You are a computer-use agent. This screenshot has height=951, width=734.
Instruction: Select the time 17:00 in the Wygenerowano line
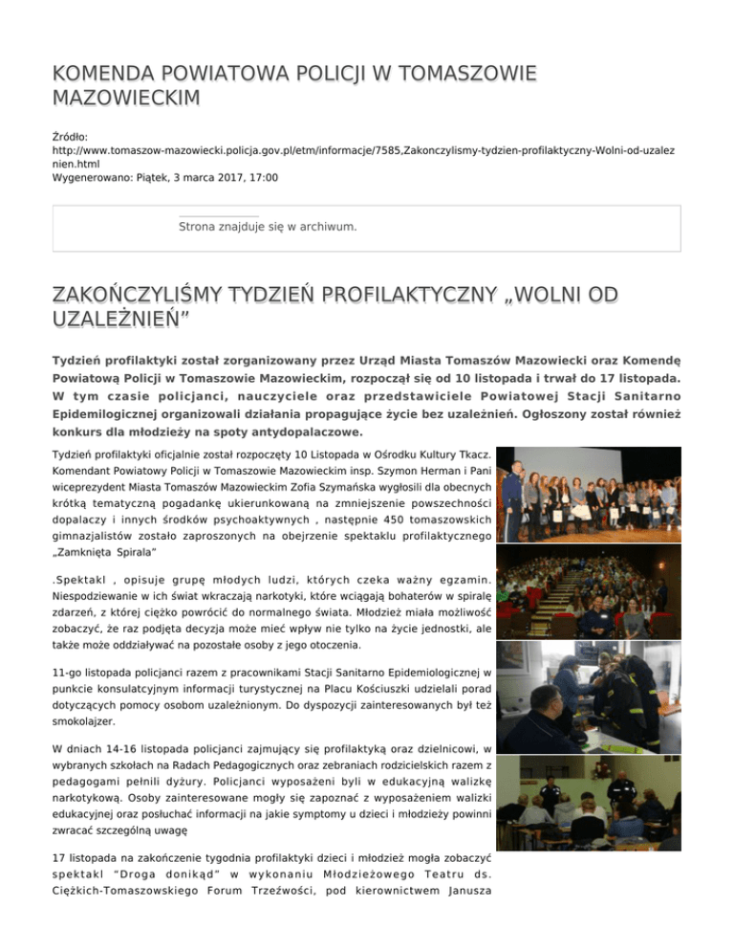tap(263, 178)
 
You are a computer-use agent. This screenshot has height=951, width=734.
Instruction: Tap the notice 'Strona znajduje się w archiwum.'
tap(268, 227)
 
